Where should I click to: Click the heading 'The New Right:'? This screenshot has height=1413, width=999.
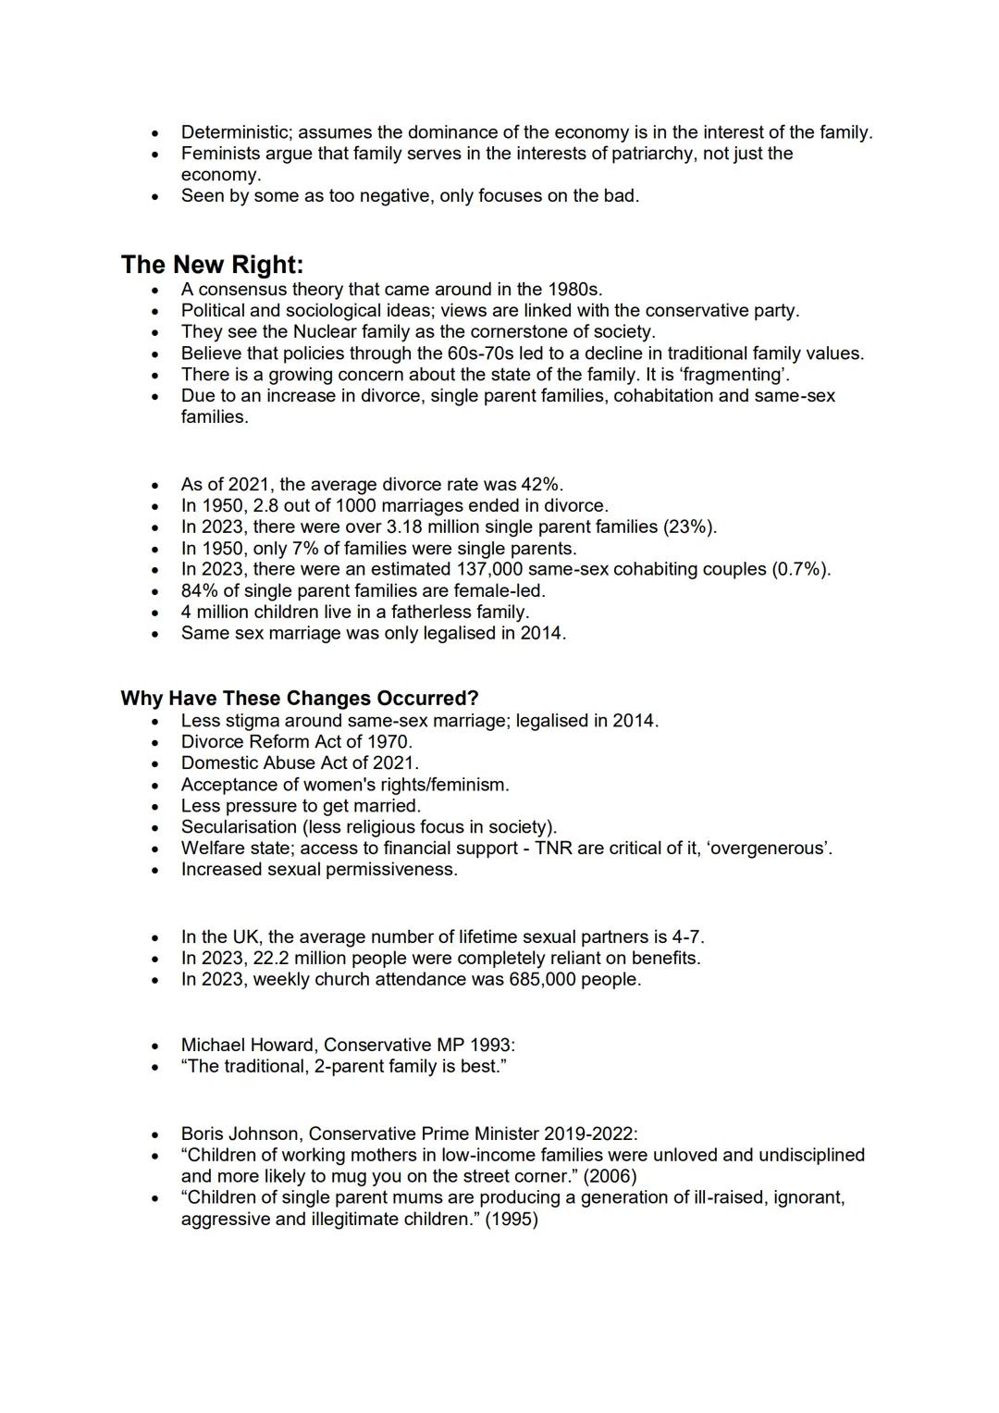(212, 265)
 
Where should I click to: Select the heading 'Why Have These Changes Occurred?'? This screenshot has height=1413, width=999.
(299, 699)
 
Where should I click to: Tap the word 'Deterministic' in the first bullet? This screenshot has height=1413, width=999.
(236, 132)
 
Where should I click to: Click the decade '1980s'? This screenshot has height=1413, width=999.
(573, 290)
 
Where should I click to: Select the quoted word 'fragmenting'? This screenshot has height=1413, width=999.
(734, 375)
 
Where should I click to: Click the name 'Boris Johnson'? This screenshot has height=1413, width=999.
(240, 1134)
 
